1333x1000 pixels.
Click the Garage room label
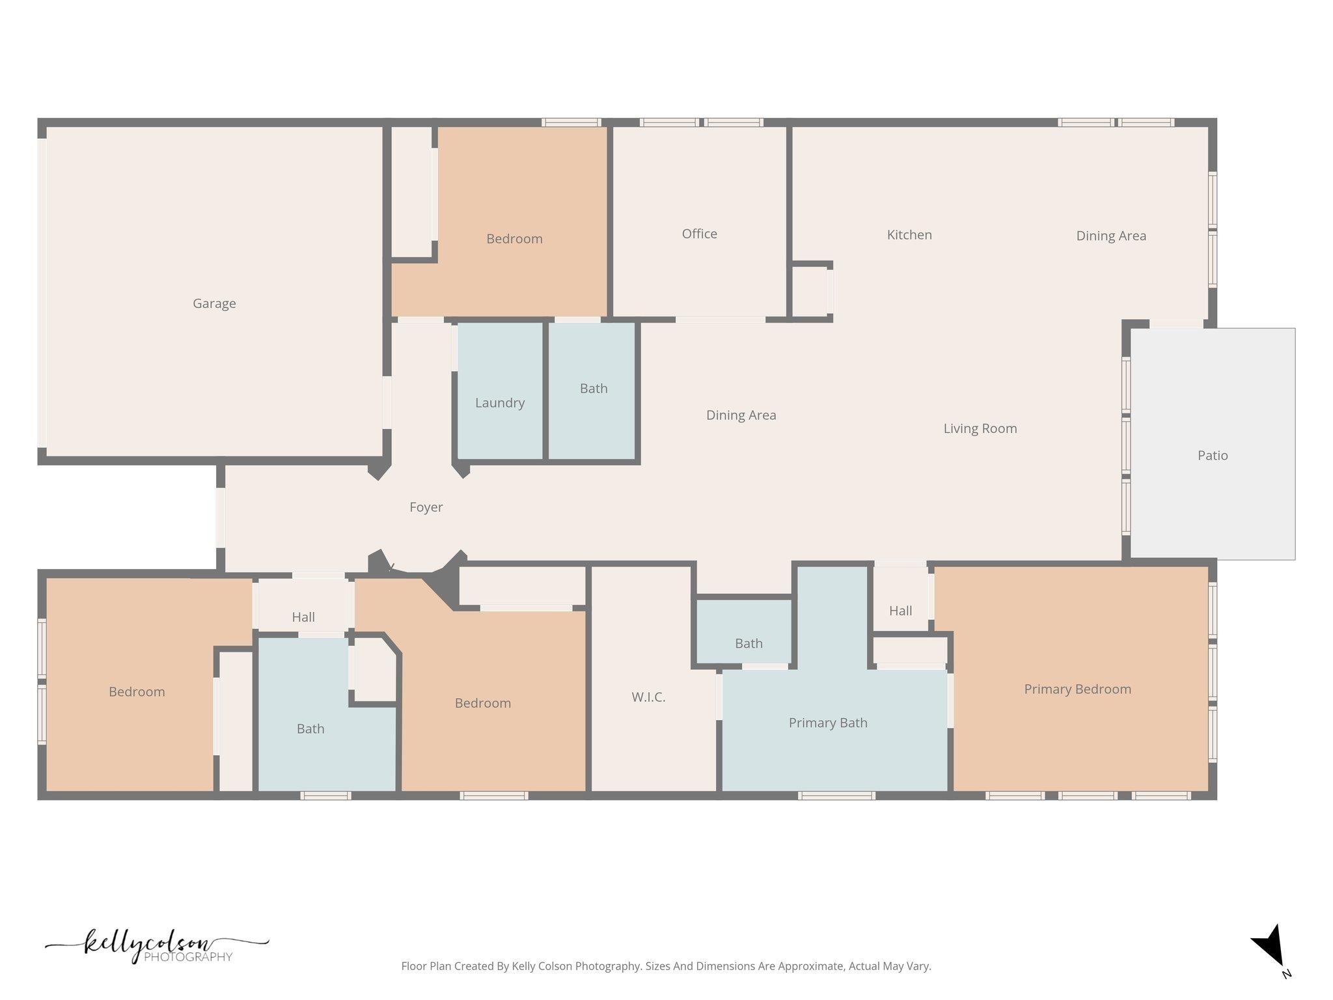214,303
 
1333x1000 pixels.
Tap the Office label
700,234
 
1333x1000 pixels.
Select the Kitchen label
909,234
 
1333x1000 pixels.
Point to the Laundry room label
500,403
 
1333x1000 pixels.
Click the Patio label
1213,455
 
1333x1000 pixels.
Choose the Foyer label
426,507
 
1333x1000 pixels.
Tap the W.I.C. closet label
648,697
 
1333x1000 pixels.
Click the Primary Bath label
828,723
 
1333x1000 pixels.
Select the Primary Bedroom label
1078,689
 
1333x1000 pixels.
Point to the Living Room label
980,428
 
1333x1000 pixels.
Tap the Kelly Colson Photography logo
157,947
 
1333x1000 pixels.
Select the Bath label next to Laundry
594,389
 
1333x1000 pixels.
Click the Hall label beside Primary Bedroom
901,611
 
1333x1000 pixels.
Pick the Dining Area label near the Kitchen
1111,236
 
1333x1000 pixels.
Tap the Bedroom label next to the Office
514,239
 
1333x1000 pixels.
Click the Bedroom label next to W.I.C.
483,703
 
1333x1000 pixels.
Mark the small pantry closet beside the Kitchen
810,291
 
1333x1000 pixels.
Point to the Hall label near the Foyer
303,617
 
